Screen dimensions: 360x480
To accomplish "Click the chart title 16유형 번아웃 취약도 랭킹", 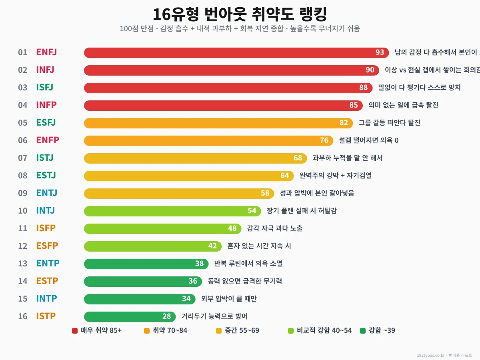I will (x=240, y=14).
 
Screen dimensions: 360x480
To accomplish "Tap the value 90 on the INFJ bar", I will (x=370, y=70).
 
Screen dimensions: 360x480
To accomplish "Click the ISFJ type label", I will (x=44, y=87).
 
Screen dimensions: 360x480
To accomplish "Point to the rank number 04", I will (x=23, y=105).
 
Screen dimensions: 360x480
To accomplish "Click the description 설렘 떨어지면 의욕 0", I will (x=368, y=140).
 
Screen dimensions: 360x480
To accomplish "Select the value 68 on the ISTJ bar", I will (x=298, y=158).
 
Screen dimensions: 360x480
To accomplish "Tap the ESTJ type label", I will (x=46, y=175).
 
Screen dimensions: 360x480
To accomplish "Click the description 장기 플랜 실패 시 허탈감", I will (x=302, y=211).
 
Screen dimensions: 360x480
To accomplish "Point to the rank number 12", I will (x=23, y=246).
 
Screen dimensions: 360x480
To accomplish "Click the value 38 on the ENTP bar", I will (x=200, y=264).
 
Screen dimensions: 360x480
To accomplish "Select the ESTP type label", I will (x=47, y=281).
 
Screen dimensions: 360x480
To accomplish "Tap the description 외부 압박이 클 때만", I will (x=229, y=299).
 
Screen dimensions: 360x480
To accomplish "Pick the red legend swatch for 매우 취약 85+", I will (x=75, y=331).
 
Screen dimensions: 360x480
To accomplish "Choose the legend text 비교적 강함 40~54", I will (x=324, y=330).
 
